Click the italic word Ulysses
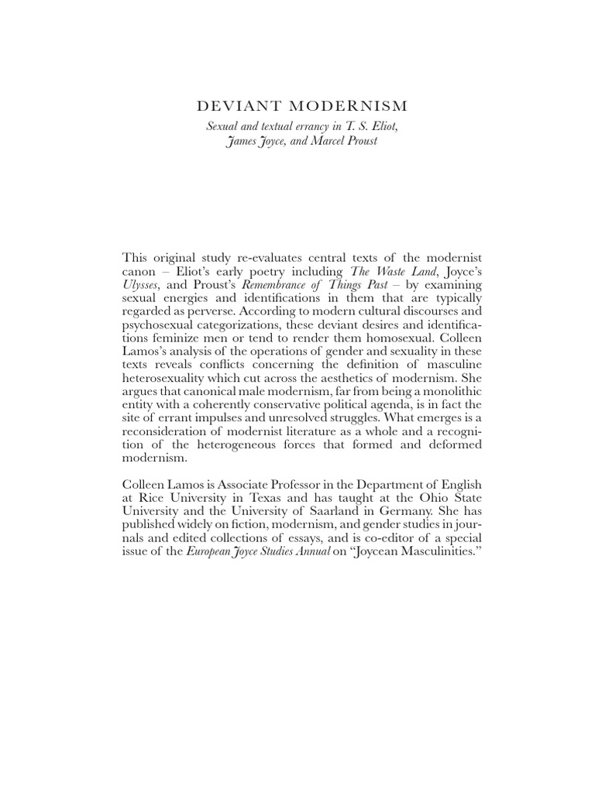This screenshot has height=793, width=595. point(140,284)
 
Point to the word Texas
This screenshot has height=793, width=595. point(263,499)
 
